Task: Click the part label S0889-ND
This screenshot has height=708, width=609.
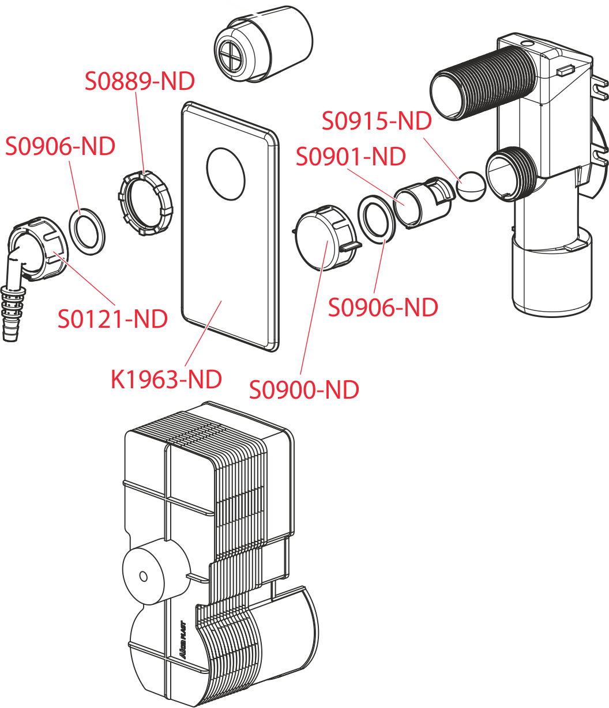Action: coord(140,81)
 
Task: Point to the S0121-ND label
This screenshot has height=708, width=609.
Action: coord(112,318)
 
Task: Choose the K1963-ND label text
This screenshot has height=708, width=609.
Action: coord(166,379)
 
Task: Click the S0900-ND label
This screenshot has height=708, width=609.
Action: coord(304,390)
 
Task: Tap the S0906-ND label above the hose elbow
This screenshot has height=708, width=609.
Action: coord(60,146)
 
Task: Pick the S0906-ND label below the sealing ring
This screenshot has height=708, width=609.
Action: coord(383,307)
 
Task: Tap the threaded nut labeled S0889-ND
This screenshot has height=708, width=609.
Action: coord(145,204)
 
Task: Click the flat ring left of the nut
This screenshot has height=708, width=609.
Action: coord(88,230)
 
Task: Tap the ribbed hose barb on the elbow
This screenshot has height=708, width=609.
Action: coord(13,311)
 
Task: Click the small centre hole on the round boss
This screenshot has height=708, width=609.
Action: coord(143,576)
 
